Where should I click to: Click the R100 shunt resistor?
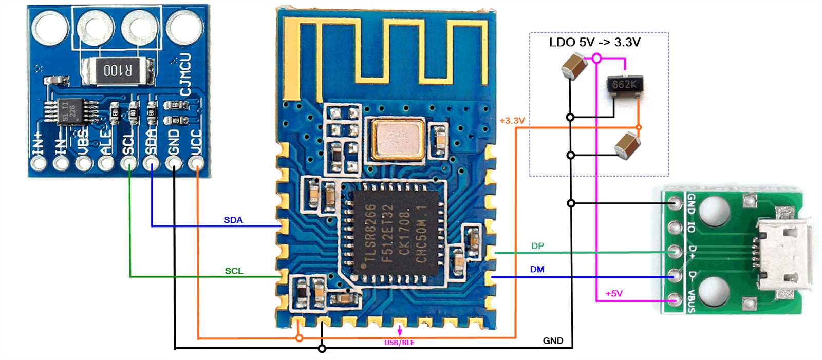coord(118,70)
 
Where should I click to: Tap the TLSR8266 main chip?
coord(396,234)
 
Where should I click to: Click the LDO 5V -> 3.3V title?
coord(594,42)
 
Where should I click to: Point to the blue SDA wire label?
coord(233,220)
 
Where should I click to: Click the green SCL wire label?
coord(234,271)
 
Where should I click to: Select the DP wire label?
coord(537,246)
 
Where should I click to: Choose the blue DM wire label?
coord(537,270)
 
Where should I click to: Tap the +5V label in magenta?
coord(613,294)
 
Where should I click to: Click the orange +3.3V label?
coord(512,121)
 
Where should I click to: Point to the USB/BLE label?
coord(399,343)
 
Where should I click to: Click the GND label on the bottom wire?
coord(553,340)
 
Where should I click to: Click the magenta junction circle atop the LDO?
coord(596,59)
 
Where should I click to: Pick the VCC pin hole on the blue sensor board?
coord(195,164)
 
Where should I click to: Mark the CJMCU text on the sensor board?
coord(185,74)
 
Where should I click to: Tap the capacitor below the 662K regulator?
coord(627,144)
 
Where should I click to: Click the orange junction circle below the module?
coord(299,338)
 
